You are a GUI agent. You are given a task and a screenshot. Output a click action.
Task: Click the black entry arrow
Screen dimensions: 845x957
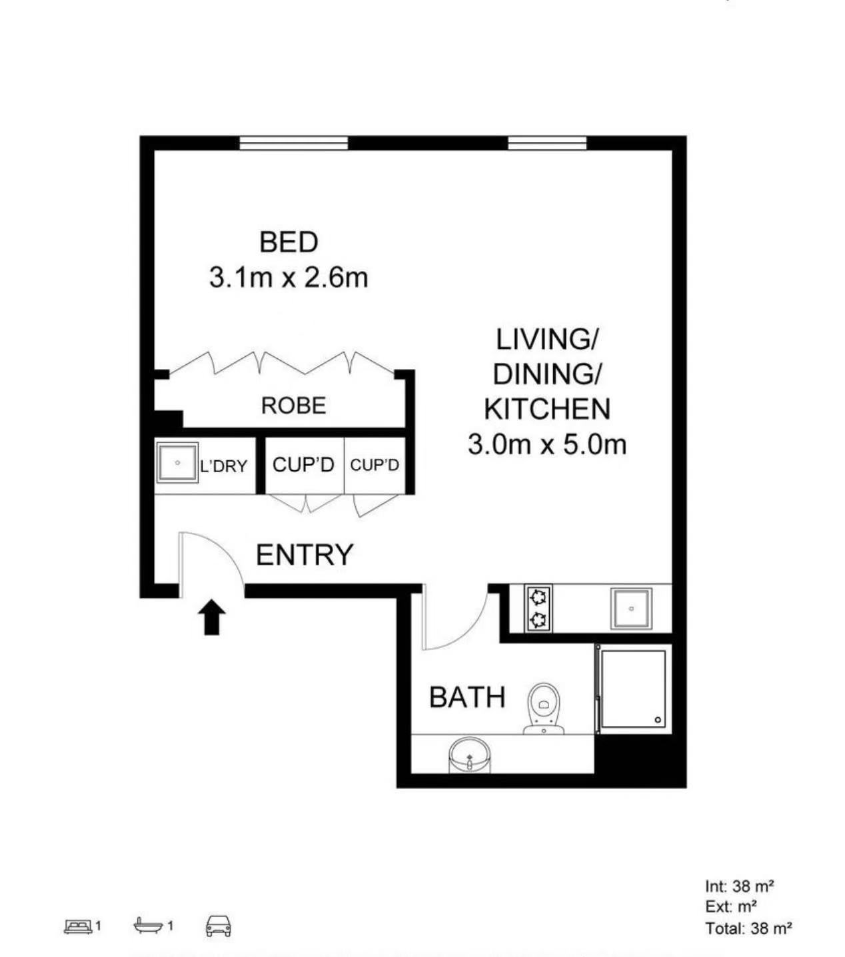[212, 617]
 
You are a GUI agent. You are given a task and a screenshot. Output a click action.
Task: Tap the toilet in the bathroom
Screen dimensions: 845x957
[544, 709]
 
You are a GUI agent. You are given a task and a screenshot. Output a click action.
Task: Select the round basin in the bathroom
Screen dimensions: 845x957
[469, 755]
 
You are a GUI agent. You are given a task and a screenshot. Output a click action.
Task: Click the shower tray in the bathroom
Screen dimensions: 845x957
[633, 688]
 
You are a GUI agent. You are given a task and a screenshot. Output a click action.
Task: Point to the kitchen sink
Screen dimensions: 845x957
[631, 609]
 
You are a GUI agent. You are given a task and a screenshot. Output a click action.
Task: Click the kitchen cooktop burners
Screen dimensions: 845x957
[538, 608]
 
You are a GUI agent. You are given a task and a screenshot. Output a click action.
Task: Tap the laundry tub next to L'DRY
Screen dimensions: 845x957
[177, 462]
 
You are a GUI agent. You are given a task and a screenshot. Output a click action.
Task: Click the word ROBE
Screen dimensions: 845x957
[293, 406]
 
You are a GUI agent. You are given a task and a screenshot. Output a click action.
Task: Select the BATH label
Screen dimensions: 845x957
[467, 697]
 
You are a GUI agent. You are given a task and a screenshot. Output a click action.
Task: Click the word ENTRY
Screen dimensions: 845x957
[305, 555]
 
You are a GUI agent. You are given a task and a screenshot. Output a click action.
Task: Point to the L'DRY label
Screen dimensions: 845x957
[223, 466]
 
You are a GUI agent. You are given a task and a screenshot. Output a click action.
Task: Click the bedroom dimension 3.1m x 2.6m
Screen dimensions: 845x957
[289, 278]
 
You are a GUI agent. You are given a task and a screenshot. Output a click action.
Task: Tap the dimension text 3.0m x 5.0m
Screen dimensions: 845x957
[547, 444]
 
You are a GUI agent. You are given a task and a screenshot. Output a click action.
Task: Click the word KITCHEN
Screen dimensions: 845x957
[547, 409]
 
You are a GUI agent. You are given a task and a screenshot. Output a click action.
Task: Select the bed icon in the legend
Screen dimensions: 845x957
[79, 926]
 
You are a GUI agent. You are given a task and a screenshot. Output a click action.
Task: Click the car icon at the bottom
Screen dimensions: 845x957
[219, 926]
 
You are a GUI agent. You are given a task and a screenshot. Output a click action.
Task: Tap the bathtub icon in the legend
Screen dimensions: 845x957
[149, 925]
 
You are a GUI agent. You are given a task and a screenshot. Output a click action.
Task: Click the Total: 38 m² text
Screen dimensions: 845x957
[748, 928]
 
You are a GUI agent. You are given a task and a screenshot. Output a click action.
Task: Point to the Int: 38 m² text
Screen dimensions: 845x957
[739, 886]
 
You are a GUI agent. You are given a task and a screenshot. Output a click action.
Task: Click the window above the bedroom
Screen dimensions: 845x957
[293, 143]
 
